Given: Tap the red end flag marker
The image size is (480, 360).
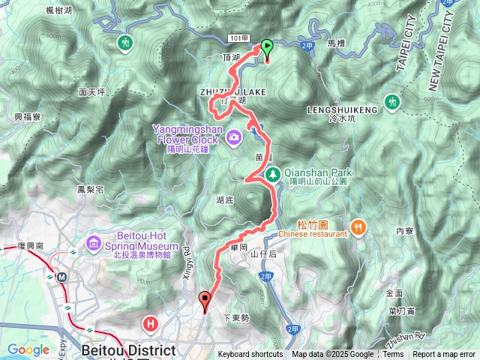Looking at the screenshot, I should click(205, 301).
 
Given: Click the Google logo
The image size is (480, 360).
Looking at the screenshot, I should click(28, 349).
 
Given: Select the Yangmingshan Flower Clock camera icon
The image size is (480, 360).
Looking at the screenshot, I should click(234, 136).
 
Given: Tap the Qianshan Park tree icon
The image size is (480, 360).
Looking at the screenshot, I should click(274, 172).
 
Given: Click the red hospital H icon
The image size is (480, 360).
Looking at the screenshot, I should click(151, 324).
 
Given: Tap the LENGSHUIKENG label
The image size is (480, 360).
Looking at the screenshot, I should click(342, 109).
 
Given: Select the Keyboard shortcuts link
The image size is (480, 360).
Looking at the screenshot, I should click(250, 355).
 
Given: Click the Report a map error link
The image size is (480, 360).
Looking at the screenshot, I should click(445, 355).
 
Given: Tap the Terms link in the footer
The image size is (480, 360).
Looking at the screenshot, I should click(393, 355).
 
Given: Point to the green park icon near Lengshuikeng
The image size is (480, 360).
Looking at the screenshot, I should click(391, 100).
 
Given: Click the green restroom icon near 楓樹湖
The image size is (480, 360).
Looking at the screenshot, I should click(124, 42).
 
